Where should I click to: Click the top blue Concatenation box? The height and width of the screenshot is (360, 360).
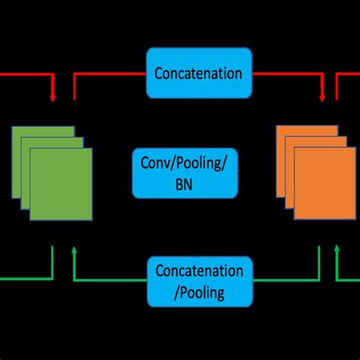[x=198, y=73]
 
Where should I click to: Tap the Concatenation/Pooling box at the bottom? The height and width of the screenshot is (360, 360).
[x=198, y=280]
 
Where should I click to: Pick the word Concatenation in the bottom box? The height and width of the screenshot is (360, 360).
[x=199, y=271]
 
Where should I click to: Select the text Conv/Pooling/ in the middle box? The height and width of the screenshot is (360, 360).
[x=185, y=163]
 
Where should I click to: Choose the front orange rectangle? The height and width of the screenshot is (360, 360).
[x=324, y=183]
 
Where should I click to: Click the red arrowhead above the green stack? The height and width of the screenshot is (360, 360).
[x=52, y=98]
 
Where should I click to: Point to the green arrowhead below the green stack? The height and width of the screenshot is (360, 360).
[x=74, y=248]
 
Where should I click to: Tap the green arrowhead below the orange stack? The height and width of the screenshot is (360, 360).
[x=339, y=248]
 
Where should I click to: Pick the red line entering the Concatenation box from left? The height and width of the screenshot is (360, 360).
[x=110, y=74]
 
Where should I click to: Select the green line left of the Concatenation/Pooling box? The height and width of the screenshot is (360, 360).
[x=110, y=280]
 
